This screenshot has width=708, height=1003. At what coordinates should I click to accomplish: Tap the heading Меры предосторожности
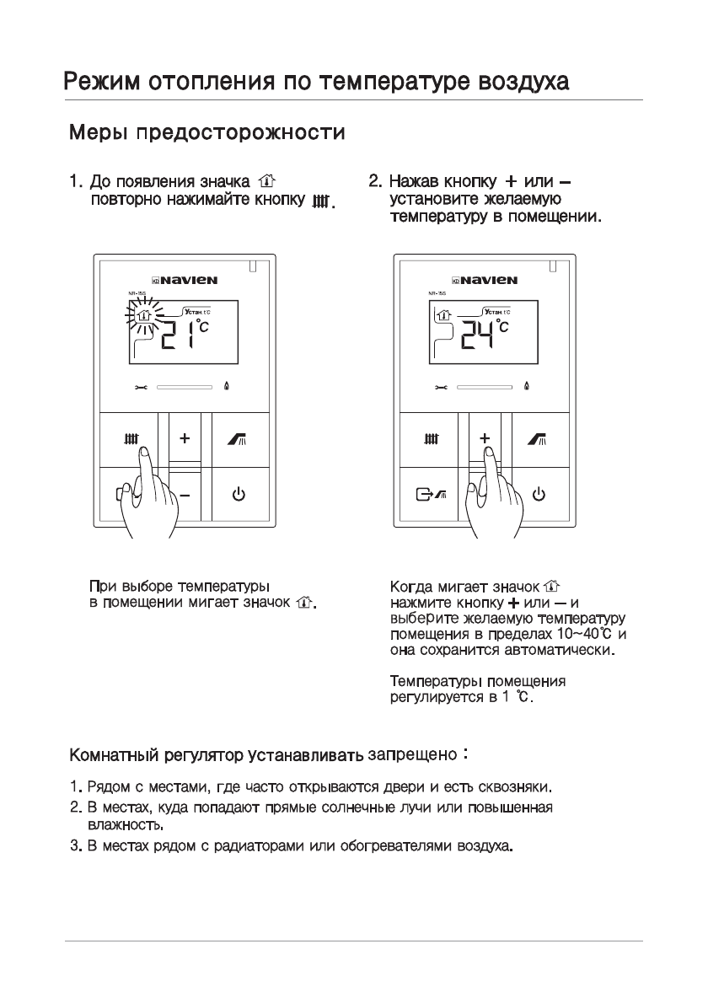click(206, 133)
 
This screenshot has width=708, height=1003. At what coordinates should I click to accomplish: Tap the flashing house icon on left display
click(144, 318)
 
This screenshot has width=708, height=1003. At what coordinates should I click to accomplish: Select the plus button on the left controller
click(185, 439)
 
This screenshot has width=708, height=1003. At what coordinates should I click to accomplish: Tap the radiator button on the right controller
click(432, 439)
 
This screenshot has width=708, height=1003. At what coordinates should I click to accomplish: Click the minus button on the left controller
click(185, 494)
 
